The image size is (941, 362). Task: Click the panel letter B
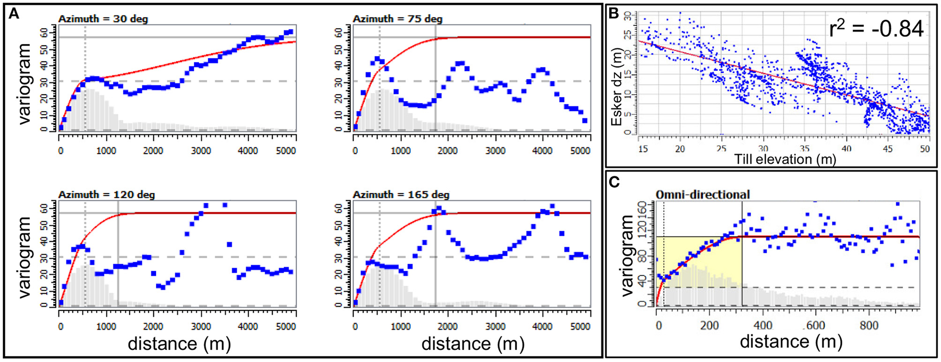tap(614, 13)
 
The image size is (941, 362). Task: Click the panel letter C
tap(614, 182)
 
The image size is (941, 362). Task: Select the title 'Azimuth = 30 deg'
tap(103, 19)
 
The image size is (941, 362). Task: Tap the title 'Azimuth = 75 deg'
tap(397, 19)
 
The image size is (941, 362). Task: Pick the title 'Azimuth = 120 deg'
tap(106, 195)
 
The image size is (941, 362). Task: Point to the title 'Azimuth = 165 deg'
tap(401, 195)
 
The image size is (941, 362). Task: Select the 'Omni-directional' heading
tap(703, 195)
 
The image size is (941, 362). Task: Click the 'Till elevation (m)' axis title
tap(785, 158)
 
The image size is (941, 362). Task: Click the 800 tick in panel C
tap(869, 326)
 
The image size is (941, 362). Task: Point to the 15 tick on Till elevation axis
tap(643, 149)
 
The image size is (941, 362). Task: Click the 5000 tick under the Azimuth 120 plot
tap(286, 326)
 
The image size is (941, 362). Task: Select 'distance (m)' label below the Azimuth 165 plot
tap(473, 344)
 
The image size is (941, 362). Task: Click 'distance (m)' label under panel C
tap(791, 342)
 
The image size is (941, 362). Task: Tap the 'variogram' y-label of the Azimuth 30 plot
tap(24, 78)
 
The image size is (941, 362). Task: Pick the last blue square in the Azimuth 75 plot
tap(585, 121)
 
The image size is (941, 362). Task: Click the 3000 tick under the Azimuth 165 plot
tap(495, 326)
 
